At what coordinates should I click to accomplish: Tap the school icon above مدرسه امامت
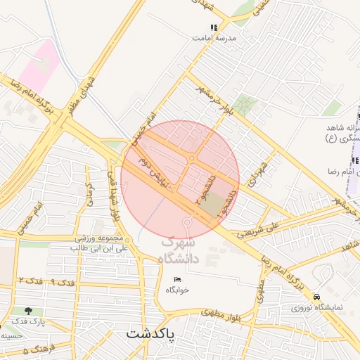click(x=214, y=28)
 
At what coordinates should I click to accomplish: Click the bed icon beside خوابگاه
click(x=177, y=279)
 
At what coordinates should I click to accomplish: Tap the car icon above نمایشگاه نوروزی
click(x=319, y=297)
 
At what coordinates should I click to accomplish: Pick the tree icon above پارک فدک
click(x=27, y=310)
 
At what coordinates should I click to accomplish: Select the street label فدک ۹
click(x=63, y=283)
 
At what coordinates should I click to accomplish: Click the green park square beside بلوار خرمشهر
click(x=245, y=105)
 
